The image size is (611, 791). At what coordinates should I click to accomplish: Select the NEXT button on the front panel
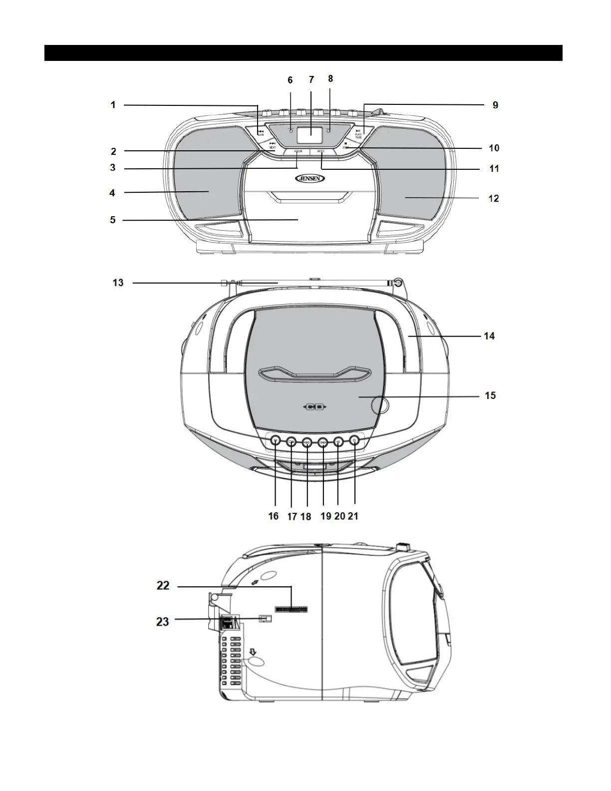[x=272, y=145]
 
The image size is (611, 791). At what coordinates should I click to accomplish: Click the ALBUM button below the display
[x=298, y=151]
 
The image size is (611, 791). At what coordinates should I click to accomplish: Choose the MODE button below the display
[x=321, y=151]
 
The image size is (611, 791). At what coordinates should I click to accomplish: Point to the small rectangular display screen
[x=309, y=131]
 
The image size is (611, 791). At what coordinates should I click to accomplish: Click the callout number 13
[x=118, y=283]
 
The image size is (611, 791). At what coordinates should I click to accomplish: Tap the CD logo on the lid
[x=314, y=407]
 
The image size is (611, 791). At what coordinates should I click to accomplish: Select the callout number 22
[x=163, y=585]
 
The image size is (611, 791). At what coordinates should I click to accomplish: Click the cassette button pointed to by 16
[x=276, y=440]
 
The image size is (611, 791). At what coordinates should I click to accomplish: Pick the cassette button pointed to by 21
[x=354, y=440]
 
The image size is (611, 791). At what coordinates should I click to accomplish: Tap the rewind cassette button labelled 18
[x=307, y=441]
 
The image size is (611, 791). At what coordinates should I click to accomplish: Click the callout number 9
[x=495, y=105]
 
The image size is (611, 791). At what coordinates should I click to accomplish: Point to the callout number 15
[x=490, y=395]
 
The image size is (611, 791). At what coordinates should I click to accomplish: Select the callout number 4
[x=112, y=192]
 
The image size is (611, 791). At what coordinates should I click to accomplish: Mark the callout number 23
[x=163, y=621]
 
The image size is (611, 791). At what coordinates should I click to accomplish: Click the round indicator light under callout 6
[x=291, y=130]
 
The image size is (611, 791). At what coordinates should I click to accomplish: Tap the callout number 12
[x=493, y=198]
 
